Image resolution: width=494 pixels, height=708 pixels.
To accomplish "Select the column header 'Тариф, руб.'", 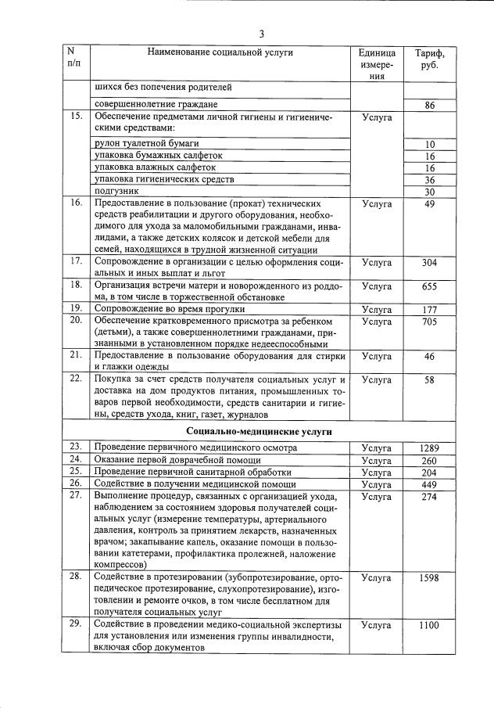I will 429,59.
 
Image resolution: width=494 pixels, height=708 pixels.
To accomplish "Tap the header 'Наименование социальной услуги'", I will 220,52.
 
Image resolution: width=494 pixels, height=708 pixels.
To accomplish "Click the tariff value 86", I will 429,105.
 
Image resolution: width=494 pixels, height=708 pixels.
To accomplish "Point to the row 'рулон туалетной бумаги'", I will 146,144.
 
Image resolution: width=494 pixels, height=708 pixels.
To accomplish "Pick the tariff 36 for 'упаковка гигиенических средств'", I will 429,179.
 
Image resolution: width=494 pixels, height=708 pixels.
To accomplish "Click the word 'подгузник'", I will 116,191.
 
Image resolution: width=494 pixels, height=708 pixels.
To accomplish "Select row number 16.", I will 76,203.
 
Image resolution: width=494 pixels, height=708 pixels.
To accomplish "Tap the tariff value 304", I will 429,262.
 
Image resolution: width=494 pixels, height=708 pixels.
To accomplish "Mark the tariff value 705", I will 429,321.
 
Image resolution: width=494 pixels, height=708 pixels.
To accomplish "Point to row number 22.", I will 76,379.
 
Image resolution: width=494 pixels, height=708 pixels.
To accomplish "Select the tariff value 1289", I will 429,447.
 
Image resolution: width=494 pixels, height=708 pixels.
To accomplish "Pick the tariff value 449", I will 429,484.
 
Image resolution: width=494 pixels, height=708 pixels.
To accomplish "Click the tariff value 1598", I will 429,577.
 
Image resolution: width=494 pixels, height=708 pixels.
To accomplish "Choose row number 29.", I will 76,624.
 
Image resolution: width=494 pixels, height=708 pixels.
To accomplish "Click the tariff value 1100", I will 429,625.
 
